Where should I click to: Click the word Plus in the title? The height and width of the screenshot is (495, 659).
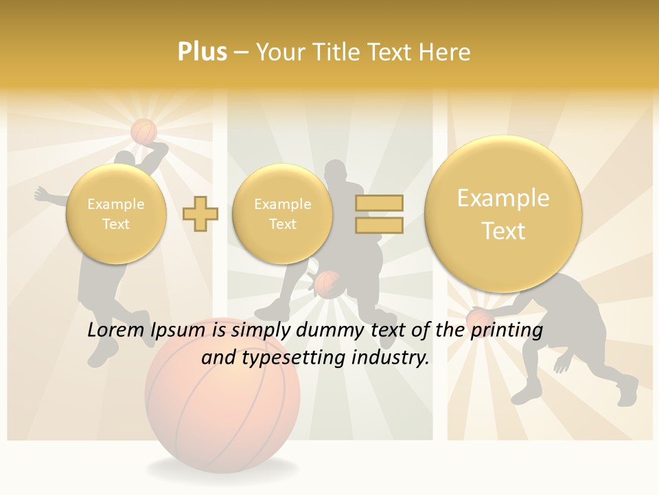202,52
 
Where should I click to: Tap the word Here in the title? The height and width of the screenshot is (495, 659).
447,52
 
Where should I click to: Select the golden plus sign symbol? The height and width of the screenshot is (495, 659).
200,213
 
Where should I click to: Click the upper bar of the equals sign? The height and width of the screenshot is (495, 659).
379,203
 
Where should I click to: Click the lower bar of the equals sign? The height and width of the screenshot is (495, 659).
379,225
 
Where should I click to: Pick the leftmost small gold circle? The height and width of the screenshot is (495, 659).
116,214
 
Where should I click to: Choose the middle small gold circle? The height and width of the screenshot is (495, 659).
282,214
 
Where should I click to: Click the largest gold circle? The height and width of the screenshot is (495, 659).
503,214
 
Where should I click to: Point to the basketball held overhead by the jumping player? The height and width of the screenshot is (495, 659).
144,131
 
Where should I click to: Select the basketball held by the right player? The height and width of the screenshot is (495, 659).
478,318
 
